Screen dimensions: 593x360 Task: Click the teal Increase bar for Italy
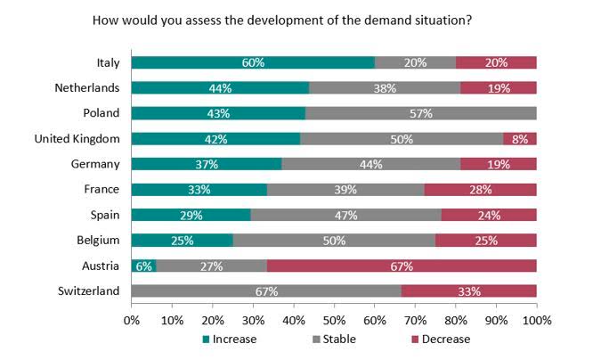tap(253, 62)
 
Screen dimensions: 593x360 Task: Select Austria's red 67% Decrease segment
tap(402, 266)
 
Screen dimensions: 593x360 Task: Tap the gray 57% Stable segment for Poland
tap(421, 113)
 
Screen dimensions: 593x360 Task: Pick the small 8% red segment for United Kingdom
tap(520, 138)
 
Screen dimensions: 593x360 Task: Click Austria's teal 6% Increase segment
tap(143, 266)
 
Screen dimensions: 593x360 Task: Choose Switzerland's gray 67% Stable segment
tap(266, 291)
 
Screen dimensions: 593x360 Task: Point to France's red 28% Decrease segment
tap(480, 190)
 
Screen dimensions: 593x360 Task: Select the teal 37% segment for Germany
tap(207, 164)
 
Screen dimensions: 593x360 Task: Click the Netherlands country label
tap(87, 88)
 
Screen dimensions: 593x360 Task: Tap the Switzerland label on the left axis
tap(88, 291)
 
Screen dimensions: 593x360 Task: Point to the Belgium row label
tap(98, 241)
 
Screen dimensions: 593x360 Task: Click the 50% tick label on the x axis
tap(334, 321)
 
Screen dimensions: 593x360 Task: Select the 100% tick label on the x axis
tap(537, 321)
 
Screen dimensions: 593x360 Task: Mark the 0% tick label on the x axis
tap(132, 321)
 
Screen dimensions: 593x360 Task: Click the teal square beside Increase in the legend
tap(206, 340)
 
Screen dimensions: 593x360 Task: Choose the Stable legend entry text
tap(339, 340)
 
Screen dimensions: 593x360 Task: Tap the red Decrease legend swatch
tap(415, 340)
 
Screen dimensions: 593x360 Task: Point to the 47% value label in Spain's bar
tap(345, 215)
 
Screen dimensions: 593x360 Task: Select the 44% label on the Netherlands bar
tap(220, 88)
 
